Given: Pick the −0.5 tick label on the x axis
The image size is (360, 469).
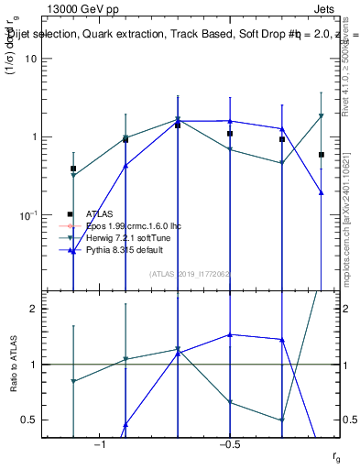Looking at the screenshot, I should pyautogui.click(x=229, y=444).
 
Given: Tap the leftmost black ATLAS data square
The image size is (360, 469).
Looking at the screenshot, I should pyautogui.click(x=73, y=169).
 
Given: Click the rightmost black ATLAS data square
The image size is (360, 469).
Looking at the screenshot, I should pyautogui.click(x=322, y=155).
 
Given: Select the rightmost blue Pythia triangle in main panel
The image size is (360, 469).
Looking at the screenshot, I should pyautogui.click(x=322, y=192).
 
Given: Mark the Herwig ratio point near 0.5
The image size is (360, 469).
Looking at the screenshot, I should pyautogui.click(x=282, y=420).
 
